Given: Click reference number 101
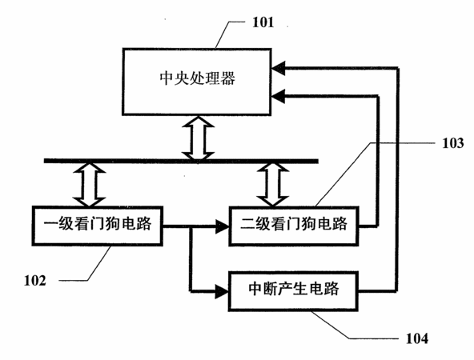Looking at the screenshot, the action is (263, 22).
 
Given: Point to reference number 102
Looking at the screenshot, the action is (35, 281).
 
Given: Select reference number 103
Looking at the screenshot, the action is (453, 143).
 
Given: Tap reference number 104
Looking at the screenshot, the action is (417, 338).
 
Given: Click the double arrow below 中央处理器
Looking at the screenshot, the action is (198, 138).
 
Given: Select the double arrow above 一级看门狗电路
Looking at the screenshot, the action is (90, 185).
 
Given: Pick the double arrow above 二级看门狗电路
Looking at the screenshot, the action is (273, 185).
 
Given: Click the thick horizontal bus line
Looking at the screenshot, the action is (181, 161).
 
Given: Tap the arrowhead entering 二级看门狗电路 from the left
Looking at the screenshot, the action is (223, 226).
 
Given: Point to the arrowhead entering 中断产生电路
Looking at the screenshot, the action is (222, 291).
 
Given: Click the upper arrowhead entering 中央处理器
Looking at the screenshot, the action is (278, 68).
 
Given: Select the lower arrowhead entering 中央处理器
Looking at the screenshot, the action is (278, 96).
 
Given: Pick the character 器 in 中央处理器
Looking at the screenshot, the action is (228, 78).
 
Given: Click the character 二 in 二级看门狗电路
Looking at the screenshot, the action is (248, 224).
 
